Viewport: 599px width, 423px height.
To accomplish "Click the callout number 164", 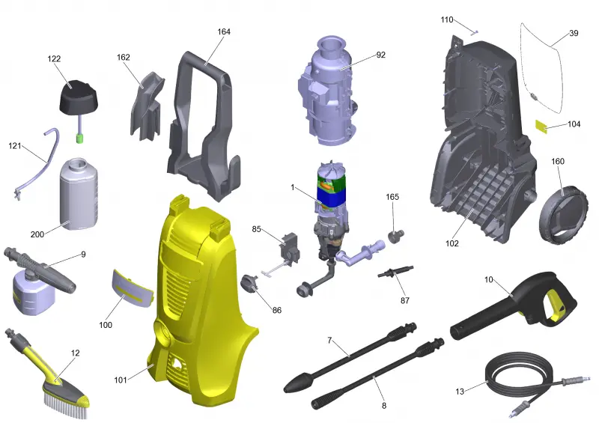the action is coord(224,31).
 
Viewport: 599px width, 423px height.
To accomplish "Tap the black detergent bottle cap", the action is coord(79,97).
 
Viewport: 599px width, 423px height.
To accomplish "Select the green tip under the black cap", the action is coord(80,138).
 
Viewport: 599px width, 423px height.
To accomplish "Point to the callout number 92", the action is coord(381,55).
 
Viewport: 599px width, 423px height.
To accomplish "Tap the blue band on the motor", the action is coord(332,196).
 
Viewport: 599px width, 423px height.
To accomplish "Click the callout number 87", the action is coord(405,301).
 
